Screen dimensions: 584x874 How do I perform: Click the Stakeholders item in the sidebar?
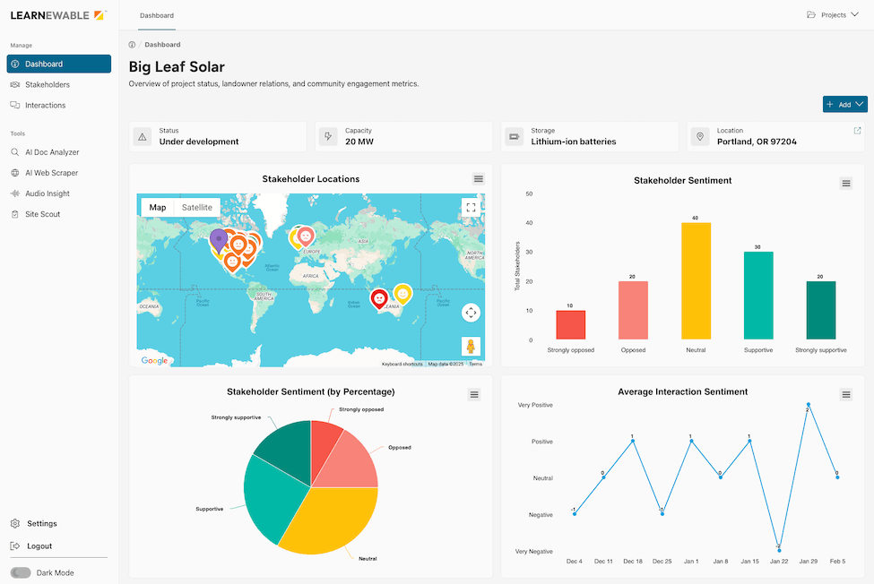click(47, 85)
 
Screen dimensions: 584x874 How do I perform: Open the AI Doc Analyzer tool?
click(52, 152)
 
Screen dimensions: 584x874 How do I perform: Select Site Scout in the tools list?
click(42, 214)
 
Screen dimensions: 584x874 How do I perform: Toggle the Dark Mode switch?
click(21, 572)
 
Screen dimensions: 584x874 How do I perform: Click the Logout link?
click(39, 546)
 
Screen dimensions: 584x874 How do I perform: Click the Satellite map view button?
click(197, 207)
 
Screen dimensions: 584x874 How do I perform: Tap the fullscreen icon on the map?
click(471, 208)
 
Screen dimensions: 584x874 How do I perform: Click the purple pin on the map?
click(218, 238)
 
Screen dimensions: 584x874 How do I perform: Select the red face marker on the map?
click(379, 297)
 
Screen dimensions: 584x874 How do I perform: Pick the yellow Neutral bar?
click(696, 279)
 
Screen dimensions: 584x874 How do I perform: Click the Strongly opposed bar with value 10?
click(570, 323)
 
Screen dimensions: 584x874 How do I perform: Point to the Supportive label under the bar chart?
click(757, 350)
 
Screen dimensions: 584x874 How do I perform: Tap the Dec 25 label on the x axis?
click(662, 562)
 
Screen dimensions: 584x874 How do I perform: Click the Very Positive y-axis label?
click(535, 405)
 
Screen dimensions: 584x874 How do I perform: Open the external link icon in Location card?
click(857, 131)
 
